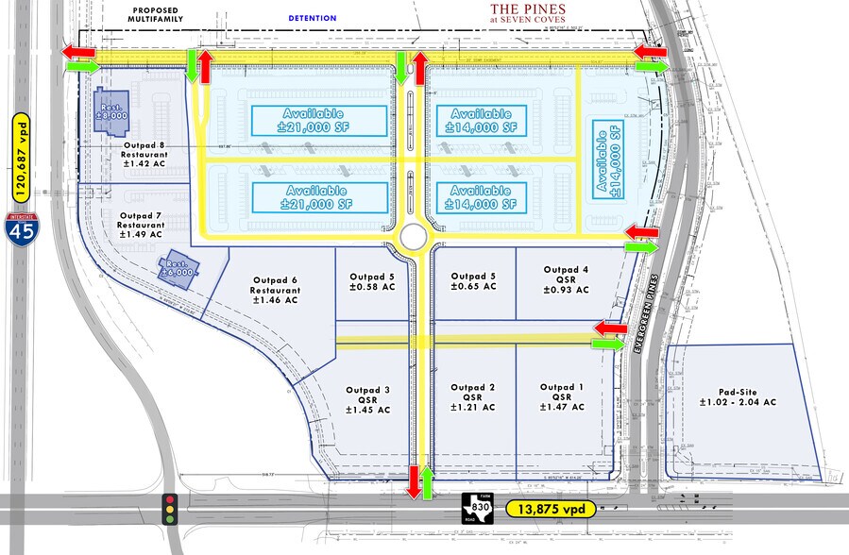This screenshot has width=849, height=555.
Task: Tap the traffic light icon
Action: [171, 508]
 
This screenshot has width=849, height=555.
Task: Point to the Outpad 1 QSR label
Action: [563, 397]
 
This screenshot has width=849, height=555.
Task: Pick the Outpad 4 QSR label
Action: [567, 280]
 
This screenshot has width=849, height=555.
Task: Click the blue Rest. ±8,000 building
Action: [110, 110]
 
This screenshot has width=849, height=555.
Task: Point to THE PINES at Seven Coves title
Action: [529, 13]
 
